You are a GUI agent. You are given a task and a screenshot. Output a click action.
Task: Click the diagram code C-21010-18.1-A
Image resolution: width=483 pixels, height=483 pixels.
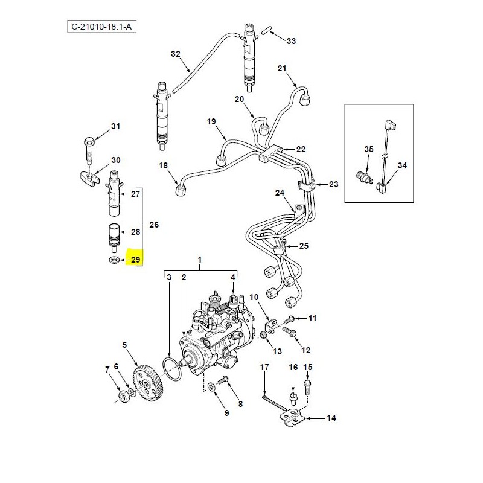[99, 27]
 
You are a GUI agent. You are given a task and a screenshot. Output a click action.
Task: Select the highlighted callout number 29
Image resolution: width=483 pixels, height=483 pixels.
[135, 260]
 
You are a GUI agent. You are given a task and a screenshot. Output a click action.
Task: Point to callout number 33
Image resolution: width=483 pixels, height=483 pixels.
[291, 42]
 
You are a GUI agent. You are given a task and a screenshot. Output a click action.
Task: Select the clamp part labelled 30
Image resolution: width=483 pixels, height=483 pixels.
[89, 179]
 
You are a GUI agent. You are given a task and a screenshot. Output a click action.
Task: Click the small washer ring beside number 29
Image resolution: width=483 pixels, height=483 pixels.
[113, 260]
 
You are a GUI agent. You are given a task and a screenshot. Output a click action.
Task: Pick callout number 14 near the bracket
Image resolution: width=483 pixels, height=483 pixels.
[331, 418]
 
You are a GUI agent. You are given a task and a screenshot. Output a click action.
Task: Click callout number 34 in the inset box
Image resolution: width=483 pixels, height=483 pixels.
[402, 165]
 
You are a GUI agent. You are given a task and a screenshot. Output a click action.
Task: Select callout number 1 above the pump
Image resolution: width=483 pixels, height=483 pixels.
[199, 260]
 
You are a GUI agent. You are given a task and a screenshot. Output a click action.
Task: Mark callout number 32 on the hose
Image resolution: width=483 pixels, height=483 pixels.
[176, 54]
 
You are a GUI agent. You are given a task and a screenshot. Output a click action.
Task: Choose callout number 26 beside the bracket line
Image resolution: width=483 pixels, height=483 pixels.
[153, 225]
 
